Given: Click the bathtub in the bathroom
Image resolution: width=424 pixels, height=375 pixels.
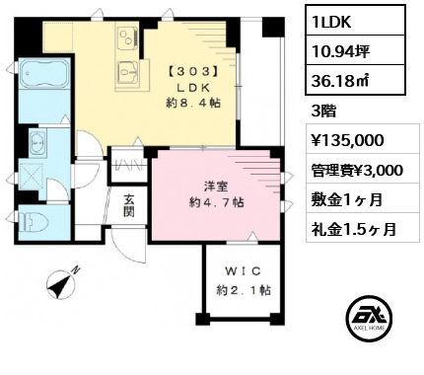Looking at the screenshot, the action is coord(44,73).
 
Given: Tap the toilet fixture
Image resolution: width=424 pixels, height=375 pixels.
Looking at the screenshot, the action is coord(34,223).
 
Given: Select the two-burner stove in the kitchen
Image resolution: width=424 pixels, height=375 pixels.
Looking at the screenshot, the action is coord(128,38).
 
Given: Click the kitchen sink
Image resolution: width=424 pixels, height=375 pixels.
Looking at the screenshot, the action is coord(128,72).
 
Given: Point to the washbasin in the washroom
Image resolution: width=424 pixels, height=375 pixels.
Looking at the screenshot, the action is coord(37,142).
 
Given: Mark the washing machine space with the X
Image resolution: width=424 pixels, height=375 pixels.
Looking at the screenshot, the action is coord(31,177).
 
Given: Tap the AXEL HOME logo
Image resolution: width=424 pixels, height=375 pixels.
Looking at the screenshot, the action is coord(370,317).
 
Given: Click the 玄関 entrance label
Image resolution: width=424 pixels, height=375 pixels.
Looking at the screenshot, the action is coord(129,206).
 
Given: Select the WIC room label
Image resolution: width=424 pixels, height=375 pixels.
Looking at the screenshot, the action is coord(244,271).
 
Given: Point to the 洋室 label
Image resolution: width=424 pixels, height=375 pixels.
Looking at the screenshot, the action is coord(216,187).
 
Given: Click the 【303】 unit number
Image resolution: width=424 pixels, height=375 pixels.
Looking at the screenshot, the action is coord(193,72).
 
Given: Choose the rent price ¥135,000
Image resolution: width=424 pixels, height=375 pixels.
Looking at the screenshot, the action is coord(348,140).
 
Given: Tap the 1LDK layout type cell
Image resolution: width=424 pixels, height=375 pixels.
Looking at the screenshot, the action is coord(355,22).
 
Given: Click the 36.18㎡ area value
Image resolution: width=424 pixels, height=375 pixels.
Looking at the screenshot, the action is coord(355,81).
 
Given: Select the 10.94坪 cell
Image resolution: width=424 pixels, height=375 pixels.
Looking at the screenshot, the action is coord(355,50).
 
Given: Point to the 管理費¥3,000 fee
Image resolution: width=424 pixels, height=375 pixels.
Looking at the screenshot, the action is coord(357,171).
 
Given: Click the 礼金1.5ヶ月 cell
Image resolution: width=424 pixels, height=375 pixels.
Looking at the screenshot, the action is coord(354,229).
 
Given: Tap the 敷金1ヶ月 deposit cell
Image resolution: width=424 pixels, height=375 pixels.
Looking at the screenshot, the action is coord(346,199).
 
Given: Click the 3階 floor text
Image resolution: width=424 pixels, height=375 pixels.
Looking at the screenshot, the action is coord(323,112).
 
